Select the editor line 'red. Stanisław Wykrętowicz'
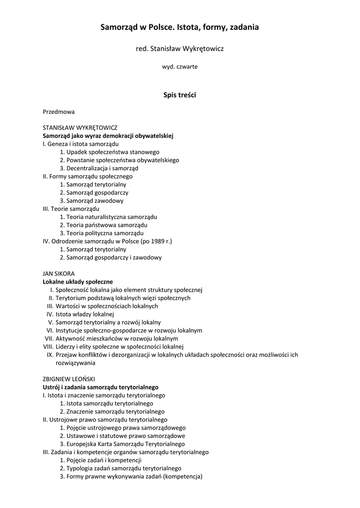(180, 49)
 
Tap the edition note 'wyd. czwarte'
(180, 66)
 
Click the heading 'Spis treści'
(180, 95)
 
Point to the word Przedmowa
(59, 112)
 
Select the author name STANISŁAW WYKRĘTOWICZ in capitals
(80, 127)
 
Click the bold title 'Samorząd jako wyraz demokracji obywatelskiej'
(108, 135)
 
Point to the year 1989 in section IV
(151, 241)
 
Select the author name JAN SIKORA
(58, 273)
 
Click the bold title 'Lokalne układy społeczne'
(78, 282)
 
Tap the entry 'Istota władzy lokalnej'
(85, 314)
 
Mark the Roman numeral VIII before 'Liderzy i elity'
(48, 346)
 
